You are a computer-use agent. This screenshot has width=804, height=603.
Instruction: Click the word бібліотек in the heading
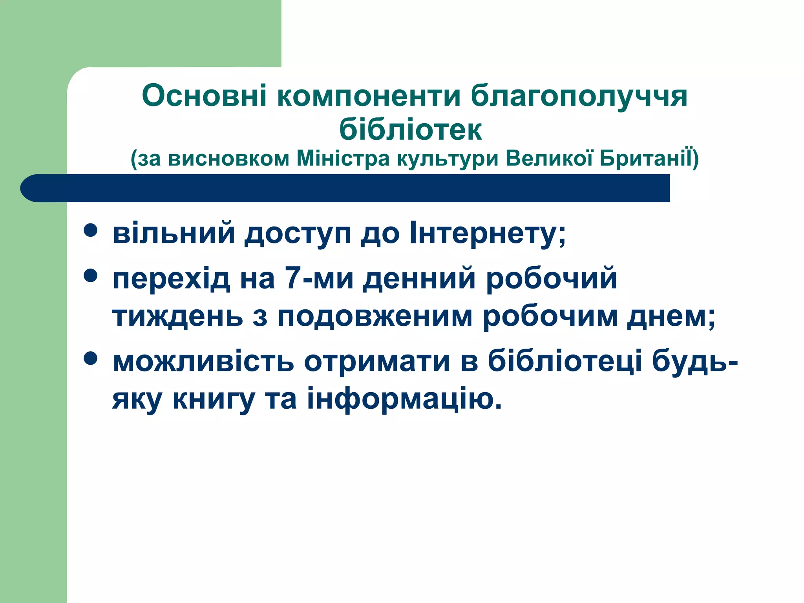tap(410, 130)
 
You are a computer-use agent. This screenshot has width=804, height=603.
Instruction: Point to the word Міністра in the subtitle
tap(343, 159)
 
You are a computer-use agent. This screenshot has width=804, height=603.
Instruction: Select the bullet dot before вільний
tap(91, 230)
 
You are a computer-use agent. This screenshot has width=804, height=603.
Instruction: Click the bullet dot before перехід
tap(91, 276)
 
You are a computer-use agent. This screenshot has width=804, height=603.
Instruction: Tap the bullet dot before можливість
tap(91, 358)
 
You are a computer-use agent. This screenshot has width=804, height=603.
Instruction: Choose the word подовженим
tap(375, 317)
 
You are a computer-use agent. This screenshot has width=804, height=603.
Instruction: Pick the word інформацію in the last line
tap(404, 399)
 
